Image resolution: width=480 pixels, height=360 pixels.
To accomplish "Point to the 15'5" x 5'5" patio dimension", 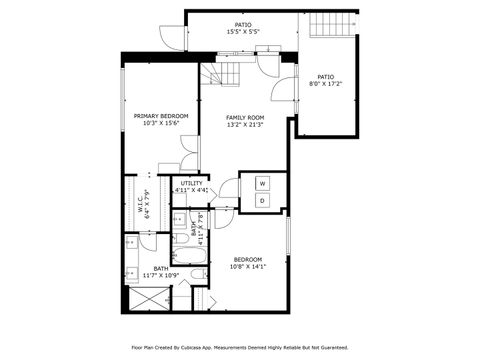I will [243, 32].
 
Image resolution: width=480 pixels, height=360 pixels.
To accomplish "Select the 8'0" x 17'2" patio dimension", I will [326, 84].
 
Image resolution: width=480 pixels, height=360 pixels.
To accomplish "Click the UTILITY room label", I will [191, 183].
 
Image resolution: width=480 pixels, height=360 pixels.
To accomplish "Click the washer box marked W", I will [262, 184].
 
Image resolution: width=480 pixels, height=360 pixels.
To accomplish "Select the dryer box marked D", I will [262, 201].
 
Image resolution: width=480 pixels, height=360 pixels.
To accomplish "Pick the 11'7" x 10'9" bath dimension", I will [159, 275].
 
